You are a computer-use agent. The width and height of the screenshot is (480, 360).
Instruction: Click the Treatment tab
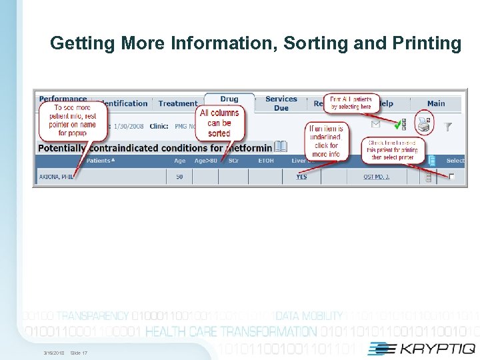(x=178, y=103)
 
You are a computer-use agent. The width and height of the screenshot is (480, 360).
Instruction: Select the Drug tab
(x=229, y=99)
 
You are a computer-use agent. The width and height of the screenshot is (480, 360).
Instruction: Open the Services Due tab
(x=281, y=103)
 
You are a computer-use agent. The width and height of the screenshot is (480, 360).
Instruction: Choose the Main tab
(x=436, y=103)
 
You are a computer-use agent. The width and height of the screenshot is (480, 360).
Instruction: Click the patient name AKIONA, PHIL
(x=54, y=177)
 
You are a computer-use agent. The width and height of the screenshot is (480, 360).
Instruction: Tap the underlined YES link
(x=301, y=177)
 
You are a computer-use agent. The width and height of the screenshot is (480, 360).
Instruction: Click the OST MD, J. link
(x=377, y=177)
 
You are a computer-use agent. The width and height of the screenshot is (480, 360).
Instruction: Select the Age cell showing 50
(x=179, y=177)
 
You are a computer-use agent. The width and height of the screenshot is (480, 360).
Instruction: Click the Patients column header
(x=100, y=161)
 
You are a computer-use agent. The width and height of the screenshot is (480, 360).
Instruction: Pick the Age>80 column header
(x=205, y=161)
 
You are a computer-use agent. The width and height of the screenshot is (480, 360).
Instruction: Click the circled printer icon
(x=423, y=123)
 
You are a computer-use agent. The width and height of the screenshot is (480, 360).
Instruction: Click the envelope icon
(x=375, y=124)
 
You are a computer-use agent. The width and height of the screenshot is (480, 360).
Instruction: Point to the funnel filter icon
(x=448, y=126)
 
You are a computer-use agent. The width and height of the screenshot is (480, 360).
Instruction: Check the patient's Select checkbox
(x=452, y=177)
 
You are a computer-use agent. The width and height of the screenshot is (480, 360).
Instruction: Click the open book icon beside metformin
(x=281, y=147)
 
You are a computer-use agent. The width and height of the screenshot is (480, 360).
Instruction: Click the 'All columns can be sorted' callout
(x=219, y=123)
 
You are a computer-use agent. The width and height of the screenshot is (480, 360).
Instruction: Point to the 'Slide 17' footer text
(x=79, y=353)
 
